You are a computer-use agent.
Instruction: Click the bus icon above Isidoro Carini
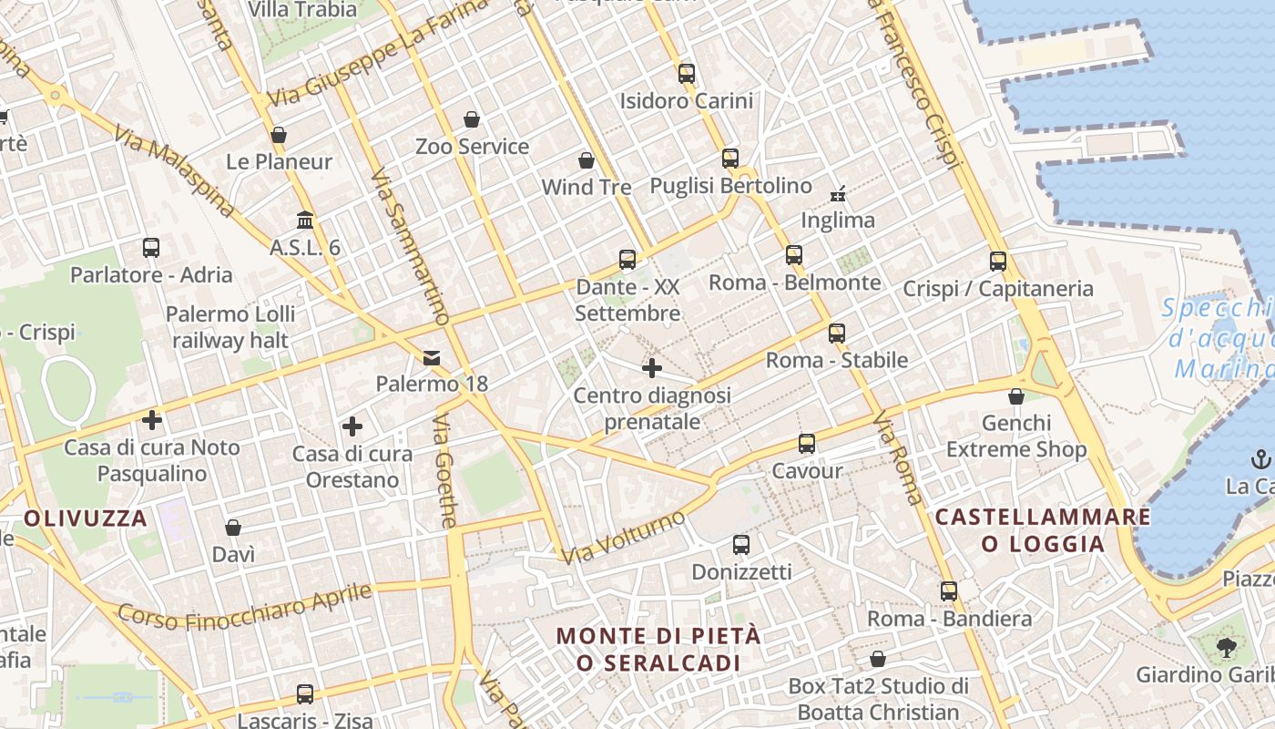(x=687, y=74)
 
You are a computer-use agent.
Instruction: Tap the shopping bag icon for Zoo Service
(x=472, y=119)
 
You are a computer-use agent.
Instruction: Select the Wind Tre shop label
(x=586, y=188)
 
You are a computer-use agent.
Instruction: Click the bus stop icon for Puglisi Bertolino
(x=730, y=159)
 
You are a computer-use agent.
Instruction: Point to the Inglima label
(x=838, y=221)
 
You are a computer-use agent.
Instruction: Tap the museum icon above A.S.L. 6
(x=305, y=221)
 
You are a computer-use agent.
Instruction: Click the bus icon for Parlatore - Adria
(x=151, y=248)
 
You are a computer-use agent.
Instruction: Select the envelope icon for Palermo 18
(x=432, y=358)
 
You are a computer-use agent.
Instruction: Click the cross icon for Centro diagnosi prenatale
(x=652, y=368)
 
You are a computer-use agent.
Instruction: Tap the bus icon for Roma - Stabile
(x=837, y=334)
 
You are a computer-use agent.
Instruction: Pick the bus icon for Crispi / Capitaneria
(x=998, y=262)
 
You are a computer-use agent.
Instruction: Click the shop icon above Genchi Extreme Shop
(x=1016, y=396)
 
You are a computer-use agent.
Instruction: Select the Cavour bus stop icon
(x=807, y=444)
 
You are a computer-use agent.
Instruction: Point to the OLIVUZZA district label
(x=86, y=519)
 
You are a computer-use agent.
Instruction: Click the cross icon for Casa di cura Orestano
(x=352, y=426)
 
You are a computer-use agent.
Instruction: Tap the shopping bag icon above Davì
(x=233, y=528)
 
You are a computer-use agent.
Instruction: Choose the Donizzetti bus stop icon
(x=741, y=545)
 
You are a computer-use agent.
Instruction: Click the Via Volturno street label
(x=623, y=537)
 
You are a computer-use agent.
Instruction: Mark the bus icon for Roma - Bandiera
(x=949, y=591)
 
